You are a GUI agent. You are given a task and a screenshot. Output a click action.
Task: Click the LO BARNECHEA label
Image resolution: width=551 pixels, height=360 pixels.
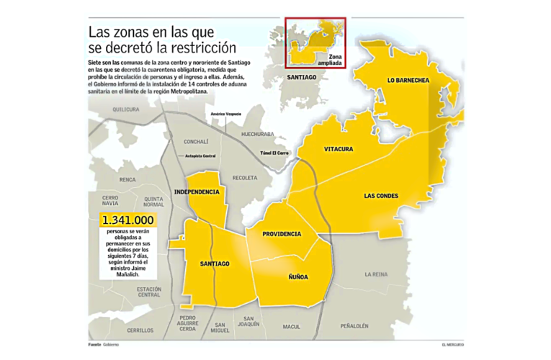(x=408, y=80)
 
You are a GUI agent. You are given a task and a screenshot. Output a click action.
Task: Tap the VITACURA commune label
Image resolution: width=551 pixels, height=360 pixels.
(x=338, y=148)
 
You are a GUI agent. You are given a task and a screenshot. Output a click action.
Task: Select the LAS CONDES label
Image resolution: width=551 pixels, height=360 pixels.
(x=381, y=195)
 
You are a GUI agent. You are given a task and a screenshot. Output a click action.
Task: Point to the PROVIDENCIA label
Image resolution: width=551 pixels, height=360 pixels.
(x=282, y=234)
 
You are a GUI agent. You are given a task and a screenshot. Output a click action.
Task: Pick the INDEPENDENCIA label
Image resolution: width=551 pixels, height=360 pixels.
(x=197, y=192)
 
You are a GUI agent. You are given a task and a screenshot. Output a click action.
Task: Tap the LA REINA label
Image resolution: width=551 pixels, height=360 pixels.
(x=377, y=274)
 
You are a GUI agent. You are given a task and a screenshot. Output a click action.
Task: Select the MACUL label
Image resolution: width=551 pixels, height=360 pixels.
(x=292, y=326)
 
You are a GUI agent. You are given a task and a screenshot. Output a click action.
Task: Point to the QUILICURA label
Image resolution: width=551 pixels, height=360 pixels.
(x=125, y=109)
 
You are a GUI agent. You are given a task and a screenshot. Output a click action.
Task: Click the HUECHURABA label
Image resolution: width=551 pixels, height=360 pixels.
(x=259, y=133)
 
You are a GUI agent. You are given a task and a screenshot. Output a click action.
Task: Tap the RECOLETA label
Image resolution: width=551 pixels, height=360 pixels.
(x=245, y=177)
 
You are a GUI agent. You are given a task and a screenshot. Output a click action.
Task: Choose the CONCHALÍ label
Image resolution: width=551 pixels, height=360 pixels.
(x=196, y=141)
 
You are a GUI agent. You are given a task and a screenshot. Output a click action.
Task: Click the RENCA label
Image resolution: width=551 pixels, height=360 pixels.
(x=127, y=179)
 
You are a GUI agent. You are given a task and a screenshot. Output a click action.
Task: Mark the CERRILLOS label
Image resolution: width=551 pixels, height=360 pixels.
(x=139, y=330)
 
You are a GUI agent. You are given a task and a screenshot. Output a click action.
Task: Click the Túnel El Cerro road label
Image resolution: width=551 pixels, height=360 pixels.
(x=274, y=153)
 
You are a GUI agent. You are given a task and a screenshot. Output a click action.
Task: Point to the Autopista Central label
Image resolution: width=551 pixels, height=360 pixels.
(x=200, y=156)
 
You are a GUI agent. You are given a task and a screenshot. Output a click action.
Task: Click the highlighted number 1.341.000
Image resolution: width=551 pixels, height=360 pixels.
(x=127, y=220)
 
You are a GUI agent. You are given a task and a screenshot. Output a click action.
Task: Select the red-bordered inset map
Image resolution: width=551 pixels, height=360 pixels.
(x=315, y=43)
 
